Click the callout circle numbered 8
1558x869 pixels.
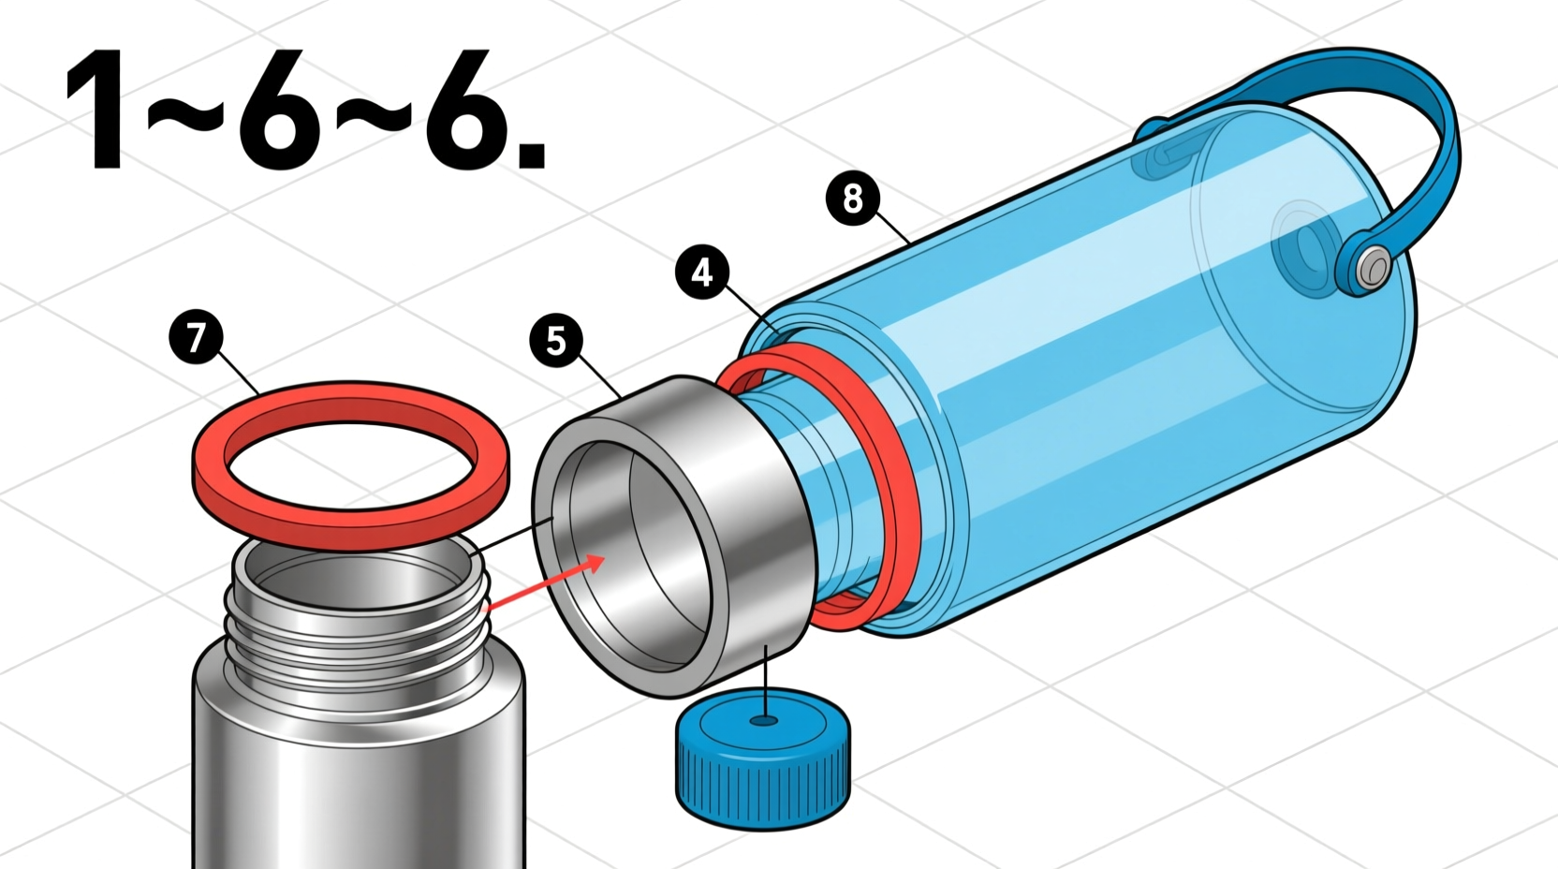[852, 199]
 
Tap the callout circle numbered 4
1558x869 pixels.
[701, 272]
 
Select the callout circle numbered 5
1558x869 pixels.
[556, 341]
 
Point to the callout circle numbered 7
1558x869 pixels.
[196, 337]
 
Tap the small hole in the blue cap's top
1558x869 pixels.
[766, 721]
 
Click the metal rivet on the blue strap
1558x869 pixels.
[1373, 269]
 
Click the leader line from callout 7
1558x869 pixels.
[241, 375]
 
